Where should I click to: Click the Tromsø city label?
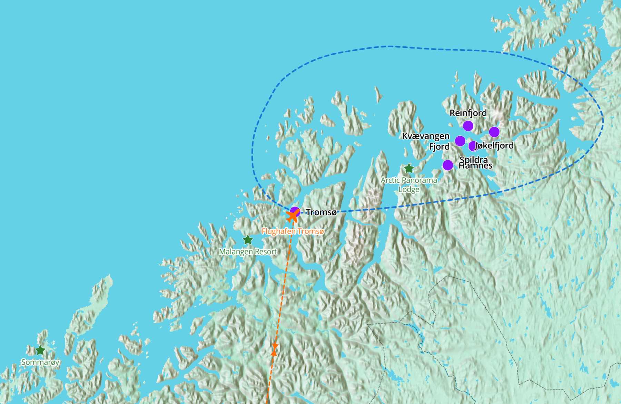pos(321,212)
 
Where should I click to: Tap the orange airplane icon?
pos(293,216)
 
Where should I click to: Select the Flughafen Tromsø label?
pos(293,231)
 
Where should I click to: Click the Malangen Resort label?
pos(248,252)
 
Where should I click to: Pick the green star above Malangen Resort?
pos(248,240)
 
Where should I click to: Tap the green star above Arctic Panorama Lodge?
pos(409,169)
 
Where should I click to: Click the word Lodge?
pos(409,189)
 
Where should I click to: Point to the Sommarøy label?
pos(40,362)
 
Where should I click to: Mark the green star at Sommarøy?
pos(40,350)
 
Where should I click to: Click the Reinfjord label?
pos(468,113)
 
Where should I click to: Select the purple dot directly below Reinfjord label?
pos(468,126)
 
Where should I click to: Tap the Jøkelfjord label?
pos(495,145)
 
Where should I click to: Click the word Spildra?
pos(474,160)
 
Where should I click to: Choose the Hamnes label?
pos(475,166)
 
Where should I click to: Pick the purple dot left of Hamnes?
pos(448,165)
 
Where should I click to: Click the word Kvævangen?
pos(426,136)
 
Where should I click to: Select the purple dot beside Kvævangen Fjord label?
pos(460,141)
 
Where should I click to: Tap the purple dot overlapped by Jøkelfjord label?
pos(472,146)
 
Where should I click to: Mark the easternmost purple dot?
pos(494,132)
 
